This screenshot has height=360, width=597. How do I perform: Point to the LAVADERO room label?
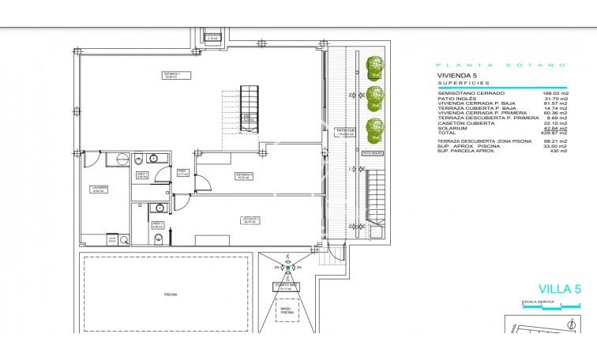pyautogui.click(x=99, y=189)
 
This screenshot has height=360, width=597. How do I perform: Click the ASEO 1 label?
pyautogui.click(x=143, y=175)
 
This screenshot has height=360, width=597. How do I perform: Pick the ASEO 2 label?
pyautogui.click(x=156, y=224)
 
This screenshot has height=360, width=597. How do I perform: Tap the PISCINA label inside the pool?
pyautogui.click(x=171, y=294)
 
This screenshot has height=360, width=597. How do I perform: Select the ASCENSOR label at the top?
pyautogui.click(x=212, y=37)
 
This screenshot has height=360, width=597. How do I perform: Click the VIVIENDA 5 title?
pyautogui.click(x=456, y=76)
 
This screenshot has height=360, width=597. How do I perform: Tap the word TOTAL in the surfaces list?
pyautogui.click(x=448, y=133)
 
